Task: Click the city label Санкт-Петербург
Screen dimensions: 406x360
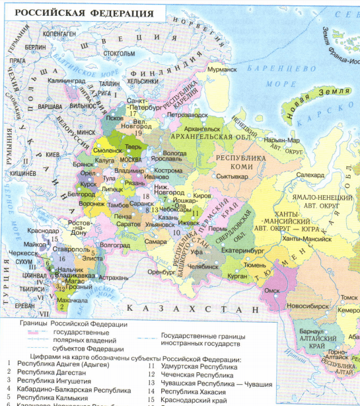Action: (141, 103)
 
